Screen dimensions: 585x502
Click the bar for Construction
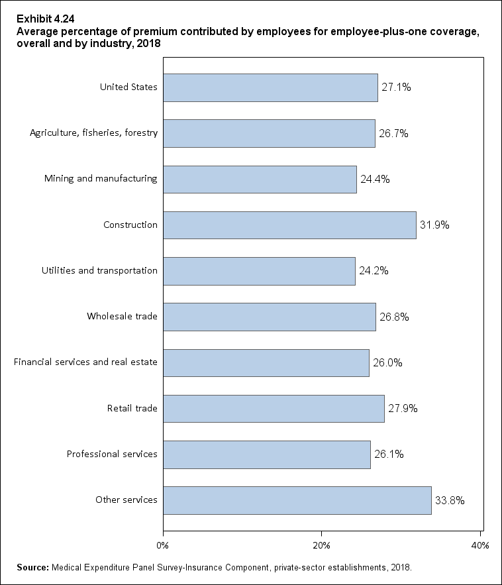289,225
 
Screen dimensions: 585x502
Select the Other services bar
297,500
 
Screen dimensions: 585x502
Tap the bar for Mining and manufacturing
260,179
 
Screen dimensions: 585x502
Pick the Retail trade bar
274,409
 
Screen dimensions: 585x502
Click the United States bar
270,87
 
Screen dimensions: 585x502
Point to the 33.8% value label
450,501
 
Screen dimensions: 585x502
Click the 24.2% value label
374,271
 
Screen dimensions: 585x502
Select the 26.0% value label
387,363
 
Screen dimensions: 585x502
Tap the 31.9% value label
434,225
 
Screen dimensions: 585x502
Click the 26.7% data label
393,133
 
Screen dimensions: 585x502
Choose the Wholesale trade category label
122,316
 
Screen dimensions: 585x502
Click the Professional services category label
112,454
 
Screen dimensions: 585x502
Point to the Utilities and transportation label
99,270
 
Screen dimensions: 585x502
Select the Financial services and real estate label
85,362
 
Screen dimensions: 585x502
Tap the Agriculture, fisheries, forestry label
93,133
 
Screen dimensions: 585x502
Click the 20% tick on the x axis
321,545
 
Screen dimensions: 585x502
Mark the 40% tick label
479,545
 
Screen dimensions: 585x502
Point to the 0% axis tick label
162,545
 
